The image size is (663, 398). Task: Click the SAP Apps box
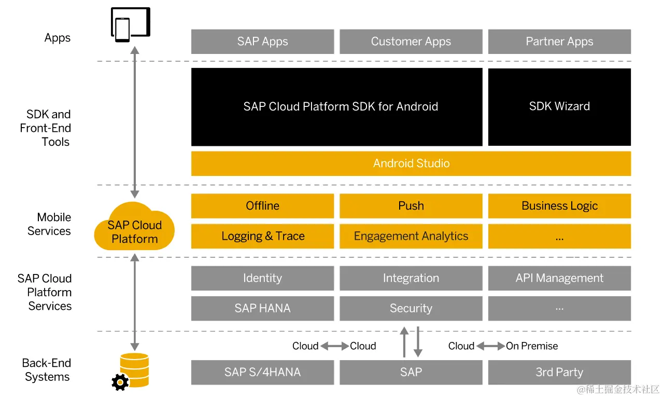(262, 42)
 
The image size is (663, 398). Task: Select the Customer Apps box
(411, 42)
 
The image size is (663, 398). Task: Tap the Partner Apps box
(559, 42)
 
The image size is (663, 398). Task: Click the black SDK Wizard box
(559, 106)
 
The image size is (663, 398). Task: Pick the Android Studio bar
(411, 163)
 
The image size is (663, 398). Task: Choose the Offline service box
(262, 206)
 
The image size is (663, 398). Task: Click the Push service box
(411, 206)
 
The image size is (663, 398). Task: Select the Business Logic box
(559, 206)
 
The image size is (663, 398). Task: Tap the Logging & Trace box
(262, 236)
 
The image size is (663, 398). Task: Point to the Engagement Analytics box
(411, 236)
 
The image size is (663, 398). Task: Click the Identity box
(262, 278)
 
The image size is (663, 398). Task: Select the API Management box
(559, 278)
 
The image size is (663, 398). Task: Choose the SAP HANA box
(262, 308)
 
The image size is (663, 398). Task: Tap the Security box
(411, 308)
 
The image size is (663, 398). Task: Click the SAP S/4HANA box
(262, 372)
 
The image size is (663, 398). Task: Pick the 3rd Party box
(559, 372)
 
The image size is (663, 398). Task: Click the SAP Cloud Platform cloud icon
(134, 228)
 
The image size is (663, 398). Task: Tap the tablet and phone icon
(130, 24)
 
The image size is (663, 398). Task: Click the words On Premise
(532, 346)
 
